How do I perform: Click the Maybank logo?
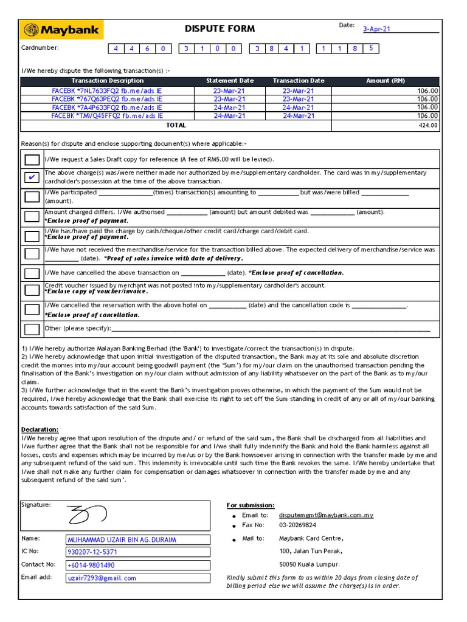click(62, 30)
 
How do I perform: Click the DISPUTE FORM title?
click(220, 29)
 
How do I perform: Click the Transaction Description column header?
click(108, 81)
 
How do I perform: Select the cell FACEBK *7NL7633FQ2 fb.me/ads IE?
click(107, 91)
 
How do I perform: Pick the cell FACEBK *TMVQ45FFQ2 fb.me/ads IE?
click(107, 115)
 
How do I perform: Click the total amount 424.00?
click(427, 126)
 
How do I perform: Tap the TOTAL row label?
click(176, 126)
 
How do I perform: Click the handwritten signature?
click(87, 515)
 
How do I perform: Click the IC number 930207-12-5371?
click(92, 552)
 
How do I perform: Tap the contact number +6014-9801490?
click(91, 565)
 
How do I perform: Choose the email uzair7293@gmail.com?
click(102, 578)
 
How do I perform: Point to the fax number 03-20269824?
click(297, 525)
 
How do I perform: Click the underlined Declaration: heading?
click(40, 429)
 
